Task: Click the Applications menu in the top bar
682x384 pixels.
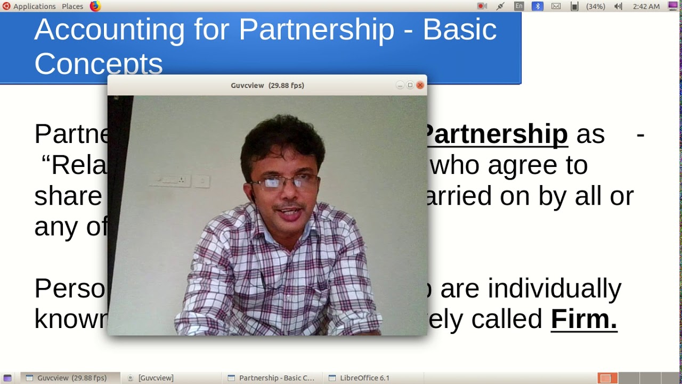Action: click(x=34, y=6)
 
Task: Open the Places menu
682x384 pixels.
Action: click(x=72, y=6)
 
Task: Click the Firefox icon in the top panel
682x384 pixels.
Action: click(x=95, y=6)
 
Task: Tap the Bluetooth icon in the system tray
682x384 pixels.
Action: click(x=538, y=6)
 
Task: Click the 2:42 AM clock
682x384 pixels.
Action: click(x=646, y=6)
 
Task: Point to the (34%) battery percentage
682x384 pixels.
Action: click(x=595, y=6)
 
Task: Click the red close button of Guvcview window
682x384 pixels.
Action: click(x=420, y=85)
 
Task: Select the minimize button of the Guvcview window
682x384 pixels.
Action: click(x=400, y=85)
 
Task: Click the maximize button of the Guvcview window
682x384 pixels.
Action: click(x=410, y=85)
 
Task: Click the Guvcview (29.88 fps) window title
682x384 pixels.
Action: click(x=267, y=85)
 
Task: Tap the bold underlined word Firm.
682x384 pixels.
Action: click(x=583, y=319)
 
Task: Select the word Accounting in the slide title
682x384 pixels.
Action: click(x=109, y=29)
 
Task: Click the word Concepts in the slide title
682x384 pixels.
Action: click(x=99, y=64)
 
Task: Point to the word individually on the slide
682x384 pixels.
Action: click(x=554, y=289)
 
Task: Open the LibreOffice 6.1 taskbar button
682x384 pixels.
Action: click(x=359, y=378)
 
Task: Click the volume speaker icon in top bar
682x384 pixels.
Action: click(x=618, y=6)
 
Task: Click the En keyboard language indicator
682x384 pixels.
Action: click(x=519, y=6)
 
